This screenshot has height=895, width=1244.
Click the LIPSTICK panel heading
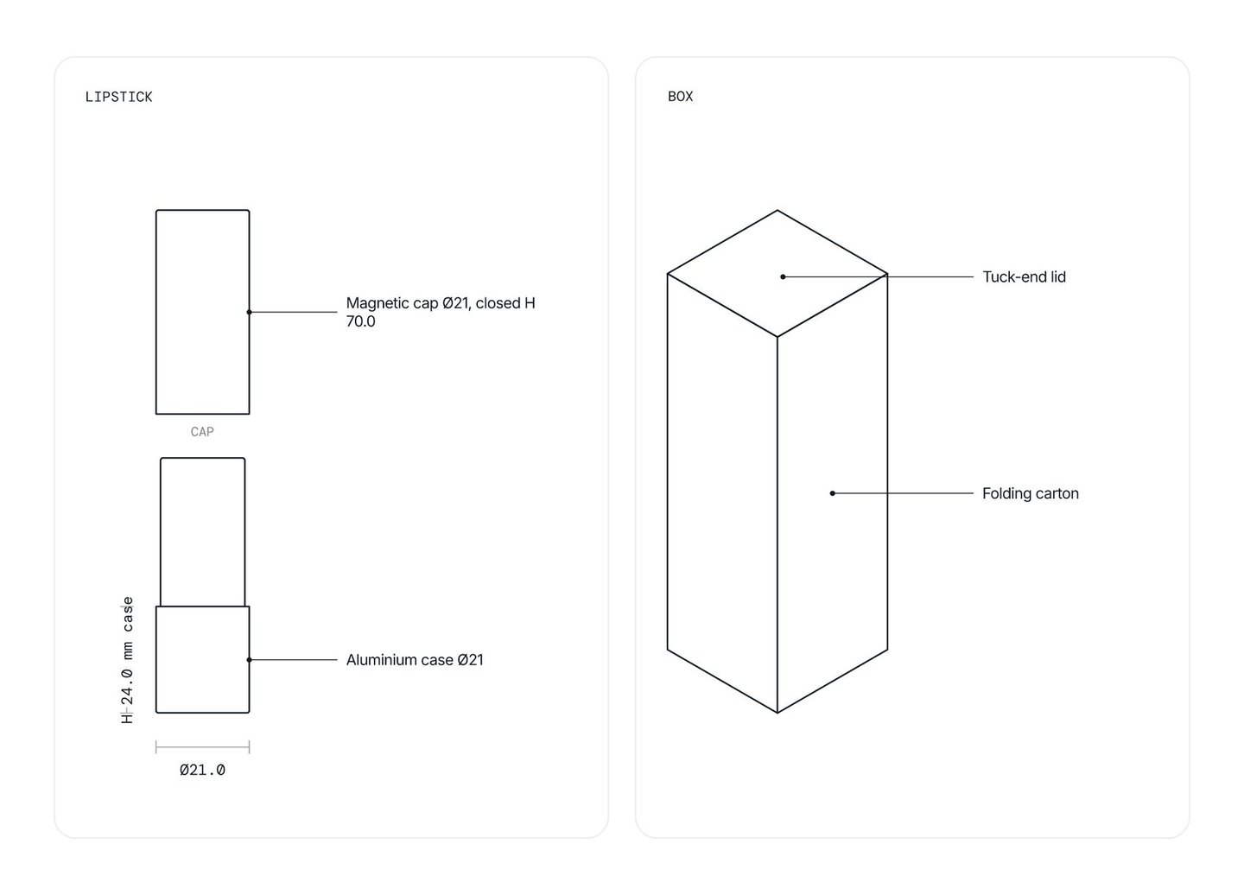tap(118, 97)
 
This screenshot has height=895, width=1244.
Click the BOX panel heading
tap(680, 97)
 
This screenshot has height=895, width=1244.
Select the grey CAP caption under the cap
tap(202, 431)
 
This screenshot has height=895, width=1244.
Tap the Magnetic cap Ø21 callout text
tap(441, 312)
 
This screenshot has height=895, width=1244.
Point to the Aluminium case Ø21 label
tap(415, 660)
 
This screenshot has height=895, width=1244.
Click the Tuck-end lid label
tap(1024, 276)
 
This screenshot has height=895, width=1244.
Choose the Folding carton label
tap(1030, 493)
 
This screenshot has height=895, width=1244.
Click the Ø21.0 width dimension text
tap(202, 770)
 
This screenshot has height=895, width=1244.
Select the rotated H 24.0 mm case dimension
tap(127, 660)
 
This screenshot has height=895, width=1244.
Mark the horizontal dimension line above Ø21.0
tap(203, 747)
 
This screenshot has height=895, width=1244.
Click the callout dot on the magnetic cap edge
tap(250, 312)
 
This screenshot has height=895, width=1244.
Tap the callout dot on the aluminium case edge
tap(250, 660)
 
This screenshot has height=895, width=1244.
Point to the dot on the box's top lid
tap(783, 276)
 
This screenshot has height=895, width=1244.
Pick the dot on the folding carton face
tap(833, 493)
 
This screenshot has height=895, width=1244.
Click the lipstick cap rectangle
tap(203, 312)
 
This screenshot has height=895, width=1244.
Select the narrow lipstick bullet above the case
tap(203, 532)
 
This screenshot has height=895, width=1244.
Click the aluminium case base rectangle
tap(203, 660)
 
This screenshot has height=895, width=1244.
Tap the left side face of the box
tap(722, 493)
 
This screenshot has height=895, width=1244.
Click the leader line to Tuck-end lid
tap(878, 276)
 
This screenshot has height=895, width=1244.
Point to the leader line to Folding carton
tap(903, 493)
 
